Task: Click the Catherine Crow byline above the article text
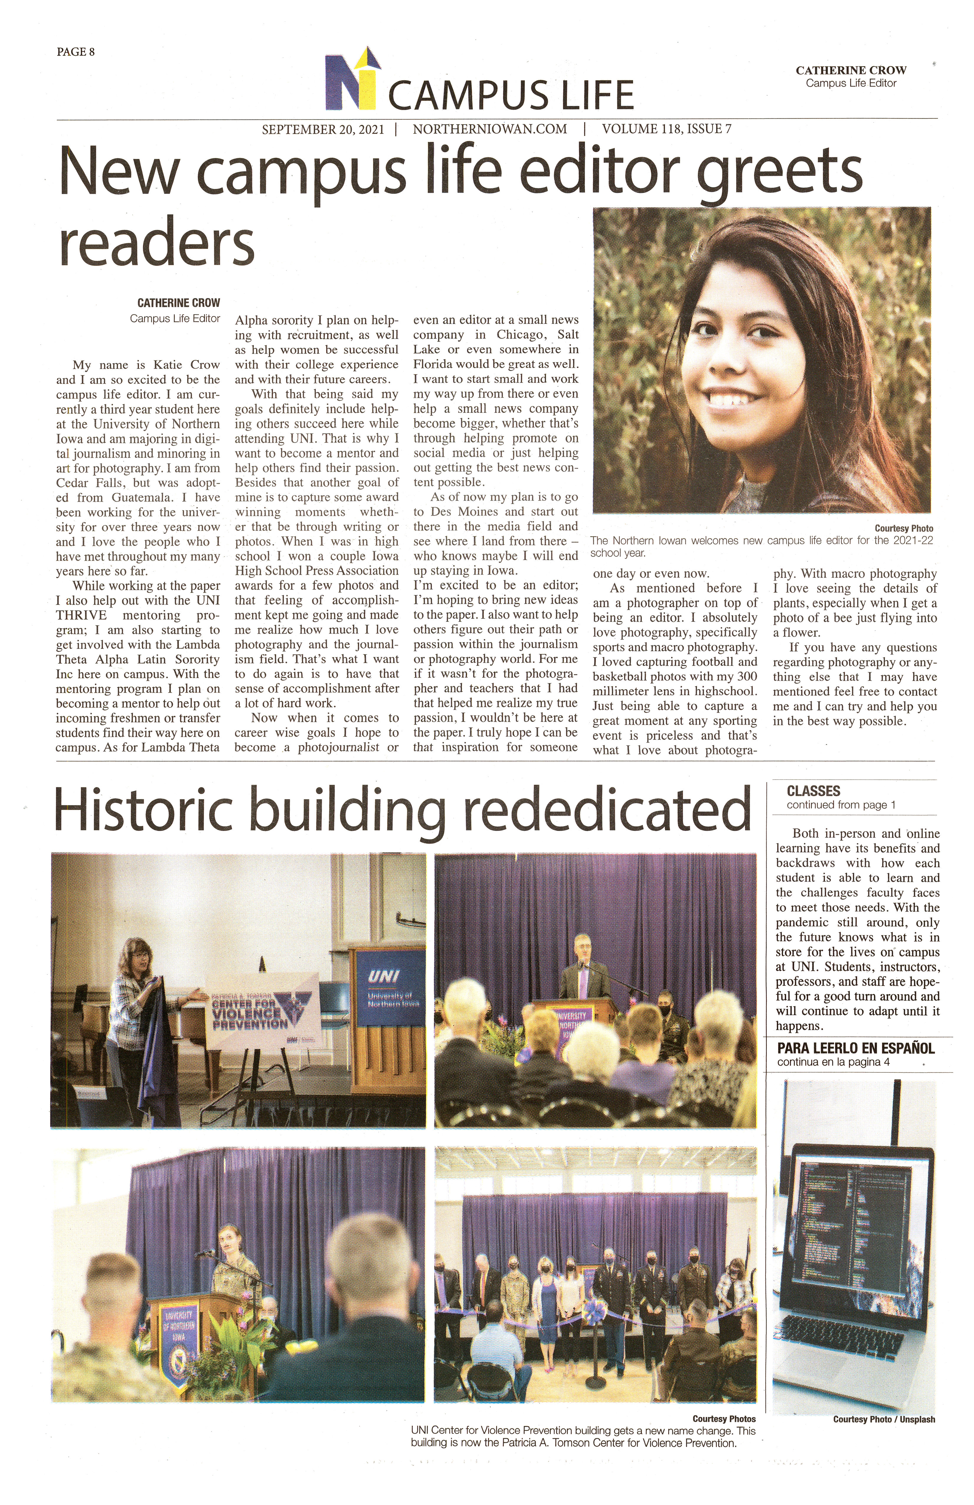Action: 178,303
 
